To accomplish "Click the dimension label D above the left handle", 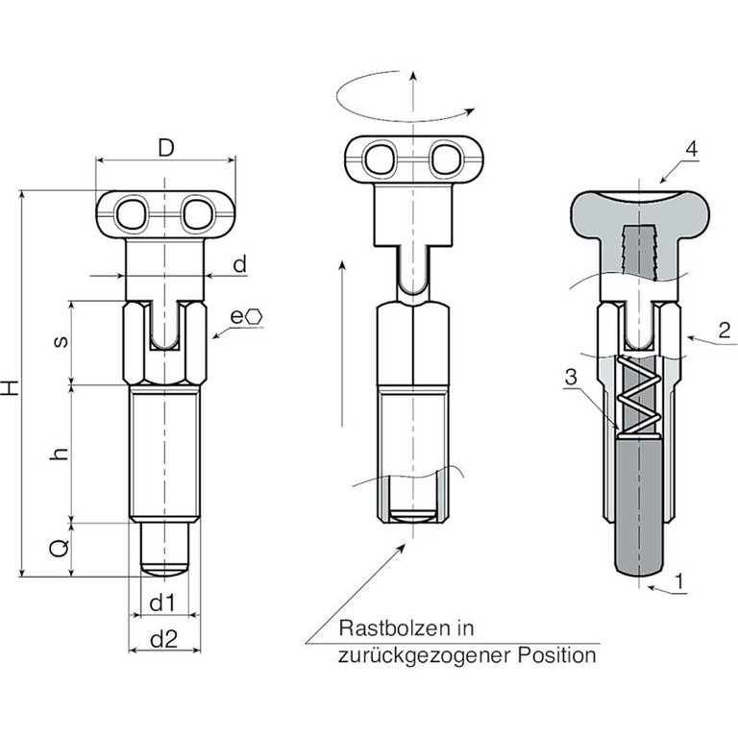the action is click(x=165, y=147).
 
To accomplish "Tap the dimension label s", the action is click(x=61, y=342).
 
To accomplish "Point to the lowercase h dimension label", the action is click(x=61, y=454).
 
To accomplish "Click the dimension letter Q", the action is click(x=61, y=548).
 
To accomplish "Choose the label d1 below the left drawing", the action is click(x=162, y=603).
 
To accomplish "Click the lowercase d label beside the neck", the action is click(x=239, y=264).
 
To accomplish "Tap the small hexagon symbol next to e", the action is click(x=254, y=317).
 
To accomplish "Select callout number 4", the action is click(x=692, y=149).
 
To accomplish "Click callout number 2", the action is click(x=725, y=331).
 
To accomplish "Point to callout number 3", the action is click(x=571, y=378).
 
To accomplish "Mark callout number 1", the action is click(x=678, y=581).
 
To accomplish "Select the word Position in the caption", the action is click(x=557, y=654).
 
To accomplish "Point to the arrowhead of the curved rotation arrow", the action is click(x=469, y=111).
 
